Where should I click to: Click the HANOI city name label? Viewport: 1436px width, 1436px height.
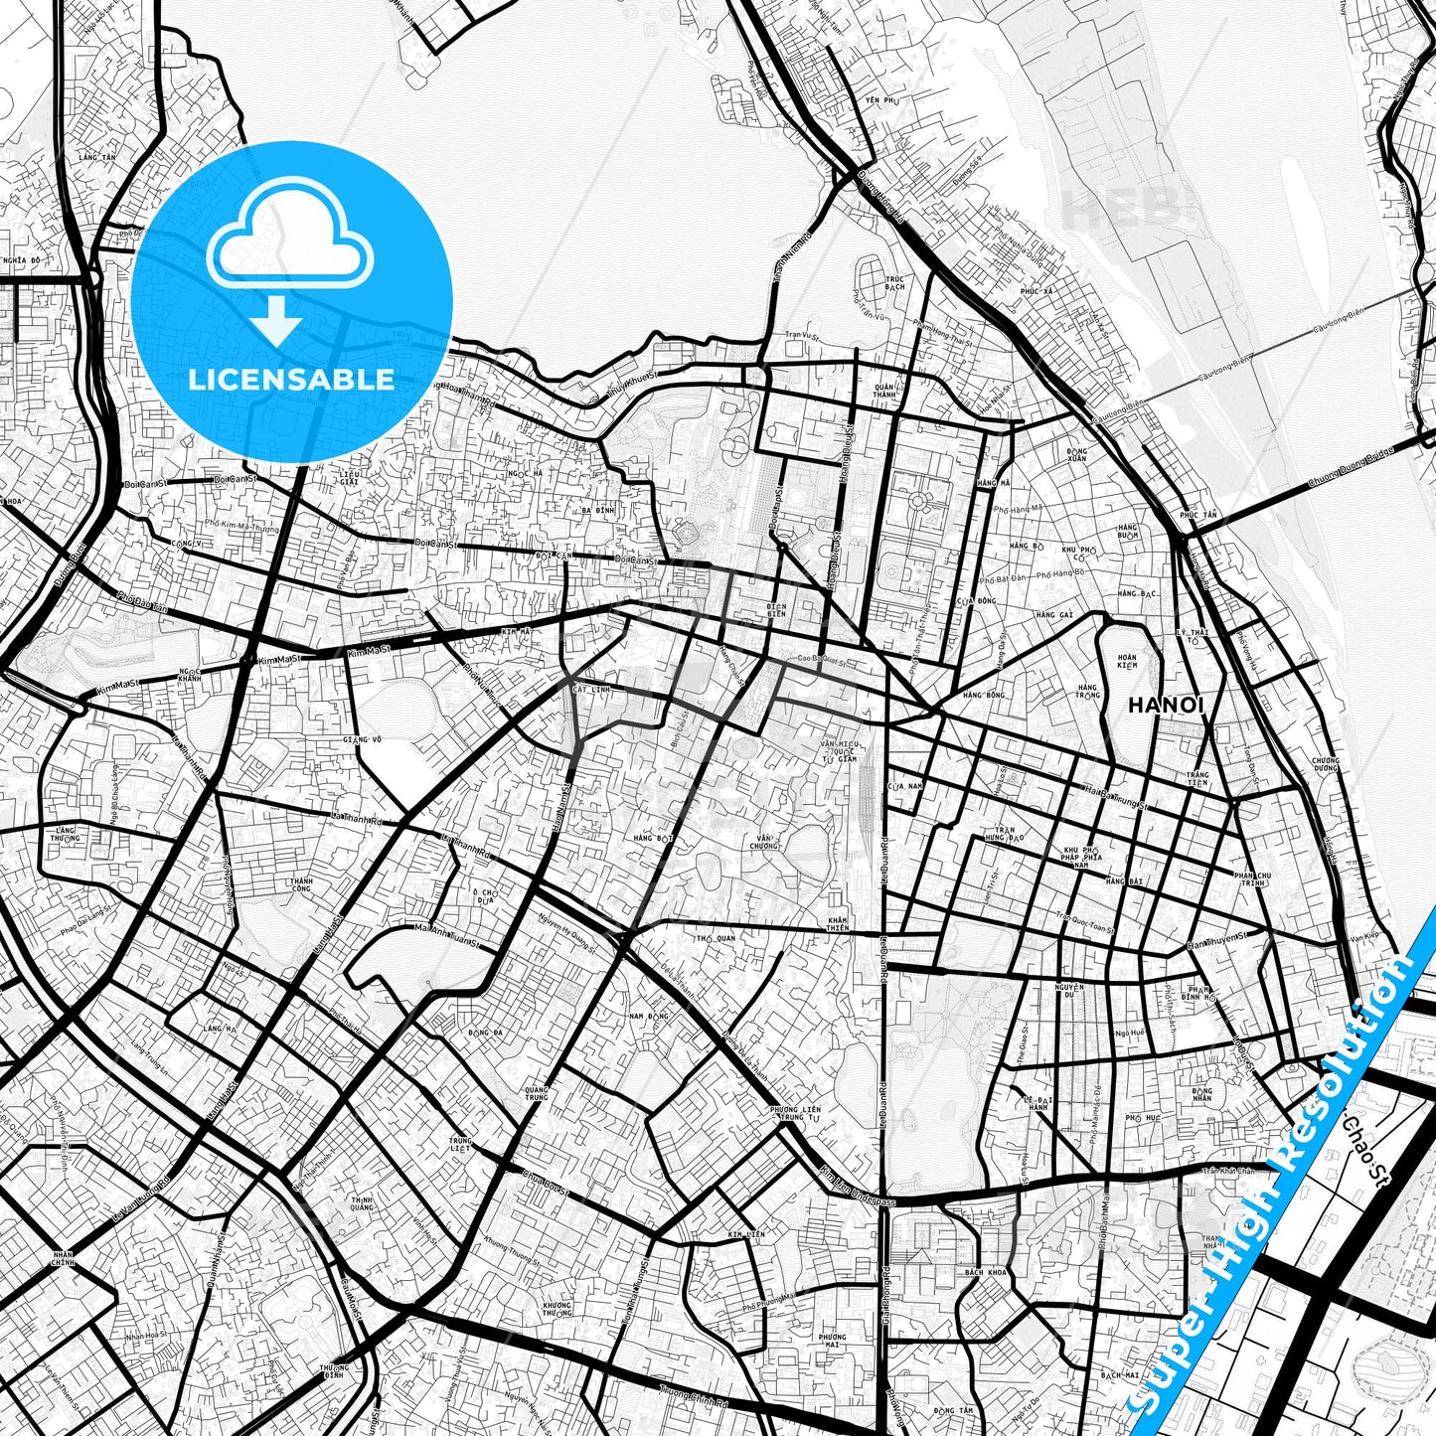1167,706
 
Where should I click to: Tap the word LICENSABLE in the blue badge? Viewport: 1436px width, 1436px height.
292,380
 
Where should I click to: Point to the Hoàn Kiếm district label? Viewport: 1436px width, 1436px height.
1126,660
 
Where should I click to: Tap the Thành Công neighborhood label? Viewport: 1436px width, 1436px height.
301,884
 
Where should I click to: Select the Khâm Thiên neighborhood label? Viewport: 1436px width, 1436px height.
838,924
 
